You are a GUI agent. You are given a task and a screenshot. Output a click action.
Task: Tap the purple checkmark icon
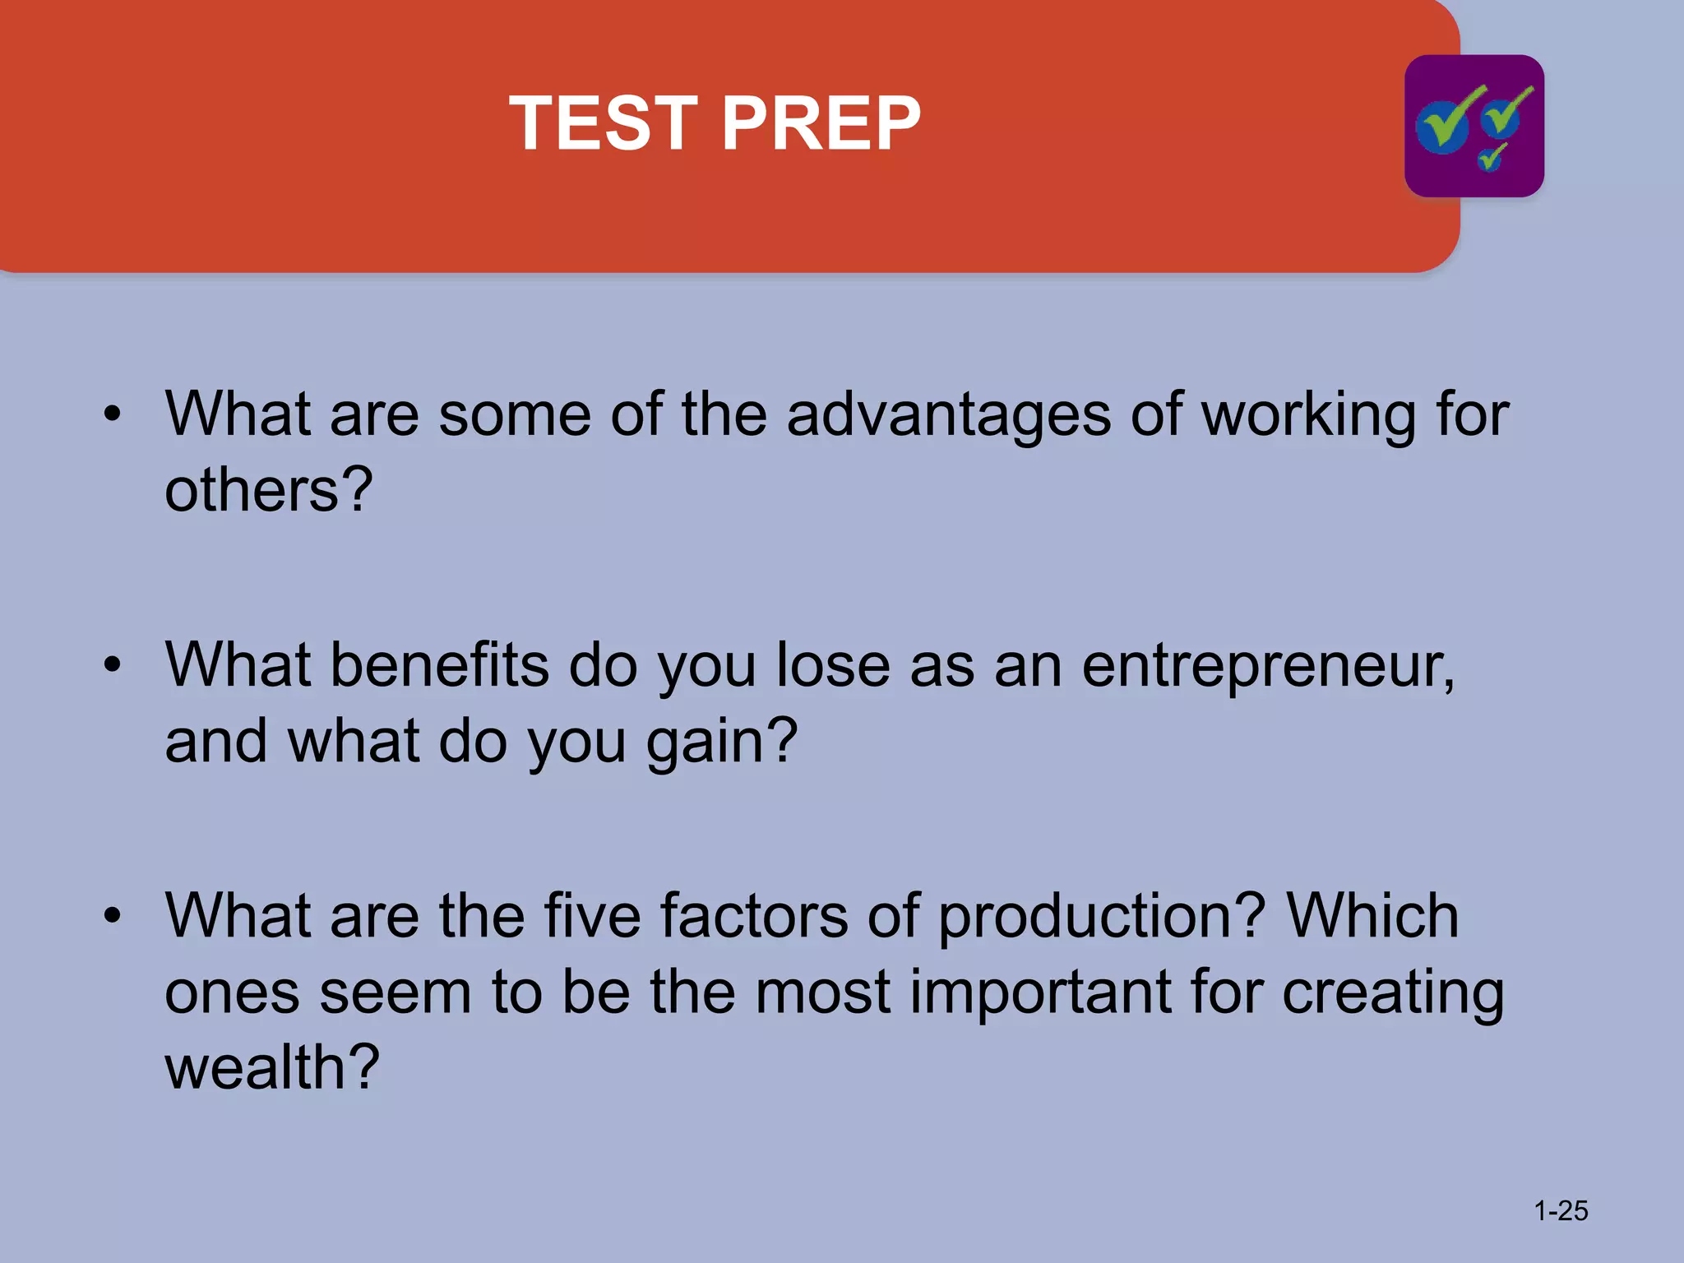(1473, 126)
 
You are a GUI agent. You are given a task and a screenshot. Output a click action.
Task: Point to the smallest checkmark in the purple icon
(1492, 156)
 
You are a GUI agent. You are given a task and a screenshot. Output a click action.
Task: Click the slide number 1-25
(1560, 1210)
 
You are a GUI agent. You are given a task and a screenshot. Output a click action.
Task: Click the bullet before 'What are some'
(113, 414)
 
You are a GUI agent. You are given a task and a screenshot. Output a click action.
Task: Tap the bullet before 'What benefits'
(113, 664)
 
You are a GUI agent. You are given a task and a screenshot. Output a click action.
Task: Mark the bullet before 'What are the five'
(113, 915)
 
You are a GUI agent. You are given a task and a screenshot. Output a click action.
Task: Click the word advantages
(948, 414)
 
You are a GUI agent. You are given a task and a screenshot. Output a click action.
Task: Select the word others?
(268, 490)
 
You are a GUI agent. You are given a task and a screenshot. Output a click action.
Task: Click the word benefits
(439, 664)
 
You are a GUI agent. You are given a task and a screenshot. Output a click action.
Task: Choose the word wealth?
(271, 1067)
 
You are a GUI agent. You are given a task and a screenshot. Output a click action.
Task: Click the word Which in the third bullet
(1372, 915)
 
